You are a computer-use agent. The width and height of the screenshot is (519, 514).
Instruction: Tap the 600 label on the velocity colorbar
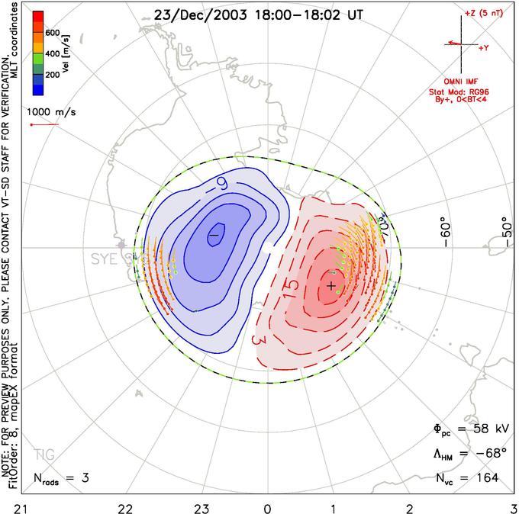point(53,32)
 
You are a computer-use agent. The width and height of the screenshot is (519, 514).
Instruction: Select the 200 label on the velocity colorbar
point(53,75)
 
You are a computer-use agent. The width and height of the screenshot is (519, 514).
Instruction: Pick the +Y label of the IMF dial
point(483,47)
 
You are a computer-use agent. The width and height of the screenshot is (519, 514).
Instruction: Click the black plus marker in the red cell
point(331,285)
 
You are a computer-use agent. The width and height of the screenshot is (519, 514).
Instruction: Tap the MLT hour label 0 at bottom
point(267,506)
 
